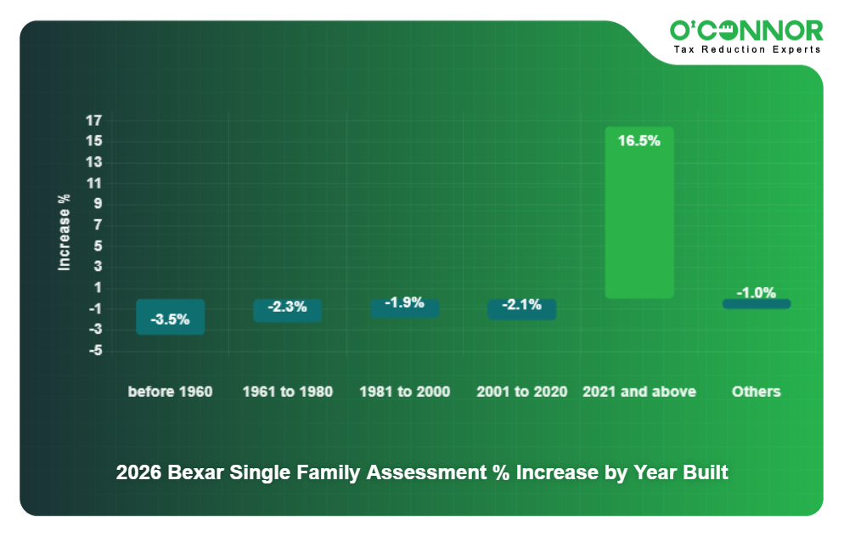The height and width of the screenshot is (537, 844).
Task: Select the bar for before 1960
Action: (171, 316)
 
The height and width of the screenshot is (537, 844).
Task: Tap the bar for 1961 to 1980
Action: (287, 310)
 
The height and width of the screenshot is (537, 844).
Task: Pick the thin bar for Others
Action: (756, 303)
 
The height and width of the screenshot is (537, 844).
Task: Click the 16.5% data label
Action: (639, 141)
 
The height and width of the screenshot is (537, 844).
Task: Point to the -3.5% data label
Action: (171, 320)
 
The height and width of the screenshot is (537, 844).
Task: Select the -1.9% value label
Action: (404, 302)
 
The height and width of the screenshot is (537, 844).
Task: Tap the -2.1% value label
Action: (521, 305)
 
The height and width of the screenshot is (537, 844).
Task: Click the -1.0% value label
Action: (756, 292)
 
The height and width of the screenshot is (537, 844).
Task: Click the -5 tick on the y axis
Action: (95, 350)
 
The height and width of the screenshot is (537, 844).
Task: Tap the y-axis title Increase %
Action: (65, 233)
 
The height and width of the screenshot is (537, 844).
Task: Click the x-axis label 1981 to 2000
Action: (404, 392)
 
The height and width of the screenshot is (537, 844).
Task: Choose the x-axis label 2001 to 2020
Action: (521, 392)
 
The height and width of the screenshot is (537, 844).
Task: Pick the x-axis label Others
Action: (756, 392)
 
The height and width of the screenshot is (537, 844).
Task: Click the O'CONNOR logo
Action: (746, 31)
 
